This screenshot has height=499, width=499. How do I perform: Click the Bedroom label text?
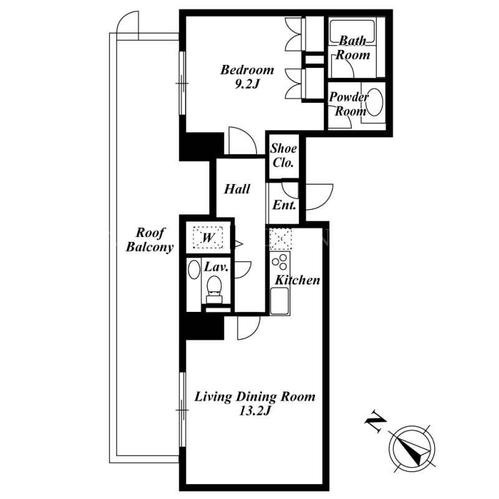click(x=247, y=70)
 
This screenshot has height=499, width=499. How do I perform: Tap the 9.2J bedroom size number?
click(x=247, y=84)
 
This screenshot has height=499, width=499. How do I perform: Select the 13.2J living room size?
click(x=254, y=411)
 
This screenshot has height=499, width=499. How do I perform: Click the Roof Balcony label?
click(x=150, y=240)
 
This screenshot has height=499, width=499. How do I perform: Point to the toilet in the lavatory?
click(x=213, y=289)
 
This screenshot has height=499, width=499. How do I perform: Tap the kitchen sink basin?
click(x=279, y=301)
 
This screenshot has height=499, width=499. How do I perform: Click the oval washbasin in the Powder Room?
click(x=375, y=102)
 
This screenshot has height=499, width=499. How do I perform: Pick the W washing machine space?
click(x=208, y=237)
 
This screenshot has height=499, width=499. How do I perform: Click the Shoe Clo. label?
click(x=283, y=155)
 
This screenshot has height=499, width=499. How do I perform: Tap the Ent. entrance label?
click(x=284, y=205)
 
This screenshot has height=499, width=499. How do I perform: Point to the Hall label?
click(x=237, y=189)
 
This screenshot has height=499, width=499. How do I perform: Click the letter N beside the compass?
click(x=375, y=422)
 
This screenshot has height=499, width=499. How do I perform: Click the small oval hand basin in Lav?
click(x=194, y=269)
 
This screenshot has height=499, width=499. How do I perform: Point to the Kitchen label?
click(x=298, y=280)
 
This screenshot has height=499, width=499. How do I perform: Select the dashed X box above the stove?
click(x=280, y=239)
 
